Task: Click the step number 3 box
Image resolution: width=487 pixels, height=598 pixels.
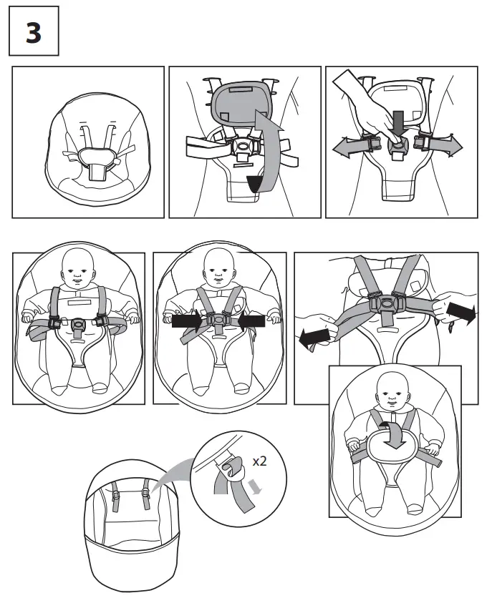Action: pyautogui.click(x=33, y=34)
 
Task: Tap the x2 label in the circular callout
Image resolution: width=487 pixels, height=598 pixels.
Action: pyautogui.click(x=259, y=461)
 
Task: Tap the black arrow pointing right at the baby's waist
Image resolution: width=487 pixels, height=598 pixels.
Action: pyautogui.click(x=186, y=322)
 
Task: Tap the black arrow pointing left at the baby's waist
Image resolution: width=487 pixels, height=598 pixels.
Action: pyautogui.click(x=251, y=322)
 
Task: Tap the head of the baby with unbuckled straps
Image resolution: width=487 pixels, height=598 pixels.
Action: pyautogui.click(x=78, y=267)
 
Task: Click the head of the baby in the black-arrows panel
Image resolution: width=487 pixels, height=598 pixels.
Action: pyautogui.click(x=218, y=267)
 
